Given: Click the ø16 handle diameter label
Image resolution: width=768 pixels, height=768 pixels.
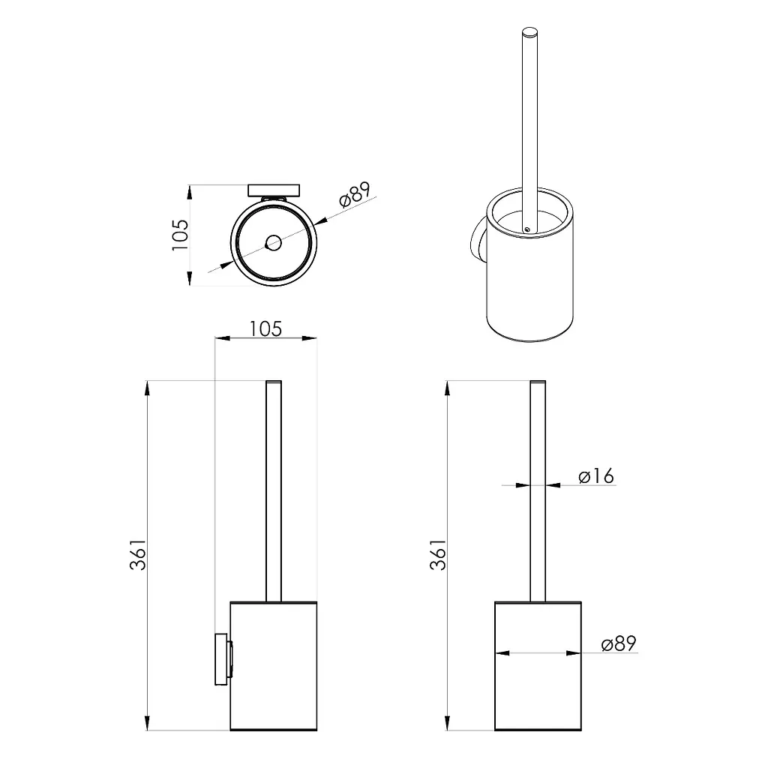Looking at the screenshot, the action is [596, 476].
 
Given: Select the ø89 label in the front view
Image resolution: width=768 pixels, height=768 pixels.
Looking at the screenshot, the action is [619, 643].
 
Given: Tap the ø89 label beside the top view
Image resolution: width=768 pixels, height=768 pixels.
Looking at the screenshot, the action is [355, 195].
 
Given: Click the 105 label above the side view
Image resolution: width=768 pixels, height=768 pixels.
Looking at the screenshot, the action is [265, 329].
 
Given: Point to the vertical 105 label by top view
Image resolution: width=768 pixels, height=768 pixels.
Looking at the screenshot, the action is [180, 235].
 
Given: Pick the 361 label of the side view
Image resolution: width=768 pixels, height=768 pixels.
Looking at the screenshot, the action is [138, 555].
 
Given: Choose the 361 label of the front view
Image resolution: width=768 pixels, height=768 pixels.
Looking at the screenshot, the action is [438, 555].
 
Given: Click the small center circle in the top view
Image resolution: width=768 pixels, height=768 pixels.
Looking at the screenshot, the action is [273, 242].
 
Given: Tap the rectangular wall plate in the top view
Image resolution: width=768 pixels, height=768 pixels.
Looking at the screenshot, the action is [274, 190].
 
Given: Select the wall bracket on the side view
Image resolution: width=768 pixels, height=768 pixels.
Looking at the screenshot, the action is [223, 659].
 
